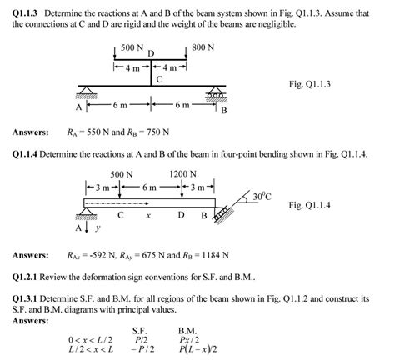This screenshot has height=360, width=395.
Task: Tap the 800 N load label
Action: [x=203, y=48]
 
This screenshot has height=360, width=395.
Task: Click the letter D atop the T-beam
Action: [x=151, y=54]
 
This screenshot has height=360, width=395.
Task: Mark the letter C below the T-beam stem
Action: [x=157, y=80]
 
